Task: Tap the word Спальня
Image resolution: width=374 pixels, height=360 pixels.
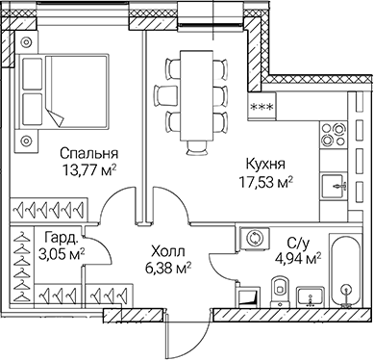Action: coord(88,153)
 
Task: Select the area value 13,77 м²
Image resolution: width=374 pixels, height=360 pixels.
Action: coord(87,170)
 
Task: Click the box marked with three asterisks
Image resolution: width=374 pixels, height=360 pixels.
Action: coord(261,108)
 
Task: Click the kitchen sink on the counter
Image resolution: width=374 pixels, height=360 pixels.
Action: coord(337,182)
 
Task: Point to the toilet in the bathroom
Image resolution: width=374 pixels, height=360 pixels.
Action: coord(279,286)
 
